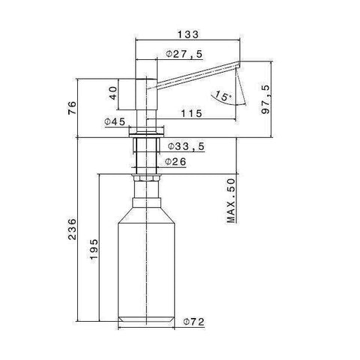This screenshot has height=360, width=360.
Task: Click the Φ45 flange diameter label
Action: coord(115,121)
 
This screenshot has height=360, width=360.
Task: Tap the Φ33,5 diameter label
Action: coord(184,145)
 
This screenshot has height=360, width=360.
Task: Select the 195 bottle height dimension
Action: coord(93,248)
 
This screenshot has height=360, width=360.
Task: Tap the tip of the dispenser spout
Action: coord(237,68)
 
